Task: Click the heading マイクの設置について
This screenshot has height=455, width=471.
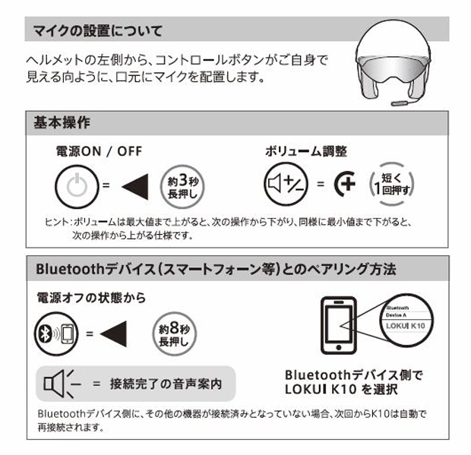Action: tap(98, 30)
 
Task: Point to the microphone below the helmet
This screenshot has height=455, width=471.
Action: tap(400, 103)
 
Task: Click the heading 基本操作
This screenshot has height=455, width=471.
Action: tap(62, 122)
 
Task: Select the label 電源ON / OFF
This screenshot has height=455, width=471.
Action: tap(99, 151)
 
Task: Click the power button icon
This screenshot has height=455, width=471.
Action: tap(77, 187)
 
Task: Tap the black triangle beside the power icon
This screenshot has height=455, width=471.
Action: tap(135, 187)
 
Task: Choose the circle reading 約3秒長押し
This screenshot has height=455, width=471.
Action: tap(182, 187)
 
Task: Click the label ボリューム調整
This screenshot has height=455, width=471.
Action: tap(306, 151)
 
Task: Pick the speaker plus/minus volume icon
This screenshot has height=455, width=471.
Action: tap(286, 184)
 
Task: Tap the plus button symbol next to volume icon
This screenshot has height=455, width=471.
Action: tap(345, 184)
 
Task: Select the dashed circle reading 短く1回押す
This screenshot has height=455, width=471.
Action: tap(392, 184)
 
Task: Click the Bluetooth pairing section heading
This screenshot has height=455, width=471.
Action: tap(216, 269)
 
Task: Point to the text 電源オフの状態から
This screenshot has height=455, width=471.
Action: tap(91, 298)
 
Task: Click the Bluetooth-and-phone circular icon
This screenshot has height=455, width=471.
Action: tap(56, 333)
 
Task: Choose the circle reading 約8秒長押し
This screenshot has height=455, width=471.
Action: tap(174, 333)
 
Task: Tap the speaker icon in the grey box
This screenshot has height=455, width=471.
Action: tap(62, 384)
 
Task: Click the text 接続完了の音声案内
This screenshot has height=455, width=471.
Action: tap(166, 384)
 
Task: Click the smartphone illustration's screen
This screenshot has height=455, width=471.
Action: tap(339, 324)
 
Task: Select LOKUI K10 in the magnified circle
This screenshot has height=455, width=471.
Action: tap(406, 326)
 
